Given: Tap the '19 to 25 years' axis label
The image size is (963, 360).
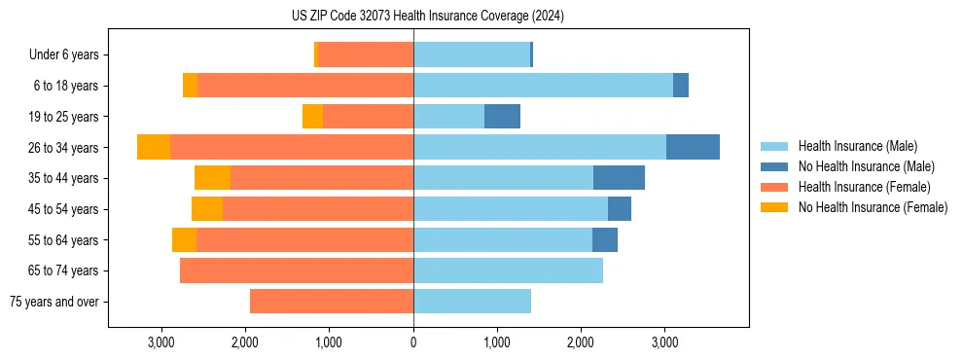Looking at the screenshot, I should pos(63,117).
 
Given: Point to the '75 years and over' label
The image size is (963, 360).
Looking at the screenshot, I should pos(53,302).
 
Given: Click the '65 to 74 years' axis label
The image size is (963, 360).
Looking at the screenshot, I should pos(63,270).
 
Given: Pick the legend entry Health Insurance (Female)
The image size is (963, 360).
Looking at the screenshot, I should pos(864,187).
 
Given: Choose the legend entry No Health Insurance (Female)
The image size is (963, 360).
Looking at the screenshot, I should pos(873,207).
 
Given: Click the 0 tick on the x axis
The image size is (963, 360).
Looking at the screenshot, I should pos(413,343).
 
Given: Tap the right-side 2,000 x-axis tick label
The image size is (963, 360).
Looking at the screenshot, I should pos(581,343).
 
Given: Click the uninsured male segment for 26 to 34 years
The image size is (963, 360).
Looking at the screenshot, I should pos(693,147).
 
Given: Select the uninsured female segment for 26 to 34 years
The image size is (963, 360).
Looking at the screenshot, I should pos(154,147).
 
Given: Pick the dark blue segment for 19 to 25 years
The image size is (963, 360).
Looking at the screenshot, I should pos(502,117).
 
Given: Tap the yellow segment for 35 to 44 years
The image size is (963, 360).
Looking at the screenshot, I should pos(212,178).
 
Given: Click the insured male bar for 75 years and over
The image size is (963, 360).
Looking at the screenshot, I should pos(472,302).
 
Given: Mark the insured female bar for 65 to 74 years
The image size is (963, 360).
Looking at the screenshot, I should pos(297,270).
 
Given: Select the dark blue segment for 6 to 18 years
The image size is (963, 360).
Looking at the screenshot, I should pos(681,86).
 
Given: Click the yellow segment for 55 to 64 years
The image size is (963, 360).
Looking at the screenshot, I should pos(184,239).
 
